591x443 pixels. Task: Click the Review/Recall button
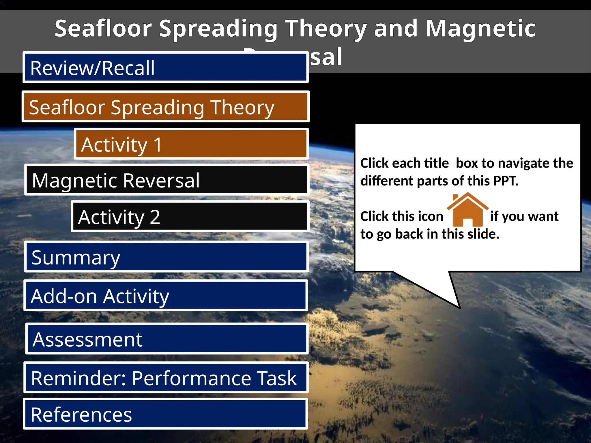[x=165, y=67]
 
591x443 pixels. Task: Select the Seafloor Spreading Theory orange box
[x=165, y=106]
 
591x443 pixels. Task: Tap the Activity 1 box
[x=191, y=144]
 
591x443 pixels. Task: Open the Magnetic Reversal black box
[x=167, y=180]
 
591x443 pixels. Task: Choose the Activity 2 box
[x=190, y=216]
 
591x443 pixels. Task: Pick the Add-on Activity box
[x=165, y=296]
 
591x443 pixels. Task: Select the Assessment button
[x=167, y=339]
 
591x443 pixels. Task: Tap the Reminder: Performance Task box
[x=166, y=378]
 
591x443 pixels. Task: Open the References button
[x=165, y=414]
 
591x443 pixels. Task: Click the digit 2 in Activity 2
[x=155, y=217]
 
